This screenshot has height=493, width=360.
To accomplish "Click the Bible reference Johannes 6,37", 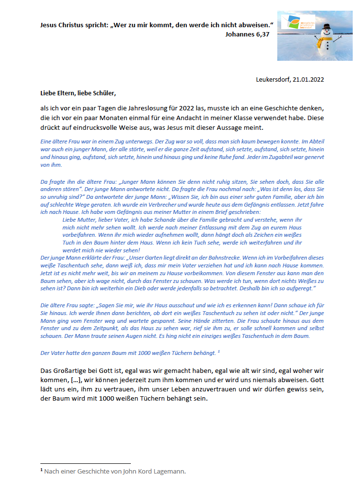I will [247, 35].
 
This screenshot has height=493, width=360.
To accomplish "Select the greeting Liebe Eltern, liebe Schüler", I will [78, 92].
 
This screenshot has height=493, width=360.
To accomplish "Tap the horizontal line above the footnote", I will [86, 463].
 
